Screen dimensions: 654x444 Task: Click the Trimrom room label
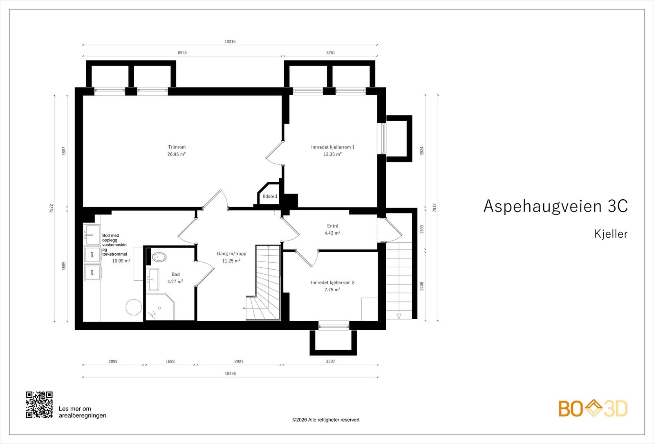177,147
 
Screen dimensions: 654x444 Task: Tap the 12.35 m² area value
332,154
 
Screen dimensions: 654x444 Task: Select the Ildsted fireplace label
270,196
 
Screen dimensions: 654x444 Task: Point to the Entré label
333,225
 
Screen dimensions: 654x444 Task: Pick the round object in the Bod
134,307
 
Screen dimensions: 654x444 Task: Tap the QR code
39,405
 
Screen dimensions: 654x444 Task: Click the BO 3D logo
593,408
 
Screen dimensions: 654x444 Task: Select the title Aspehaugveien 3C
555,206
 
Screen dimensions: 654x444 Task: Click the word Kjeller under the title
611,234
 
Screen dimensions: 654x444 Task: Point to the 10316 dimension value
230,41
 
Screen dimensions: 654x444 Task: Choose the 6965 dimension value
182,53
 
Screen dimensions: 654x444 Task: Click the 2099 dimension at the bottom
113,361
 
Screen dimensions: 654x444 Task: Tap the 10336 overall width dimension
230,374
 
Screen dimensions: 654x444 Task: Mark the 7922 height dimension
52,208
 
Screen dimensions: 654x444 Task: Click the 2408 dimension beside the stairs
421,286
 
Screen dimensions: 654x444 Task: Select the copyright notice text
326,420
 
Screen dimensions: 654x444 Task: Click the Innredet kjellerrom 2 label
333,282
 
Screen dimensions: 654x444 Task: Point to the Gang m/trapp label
231,253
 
